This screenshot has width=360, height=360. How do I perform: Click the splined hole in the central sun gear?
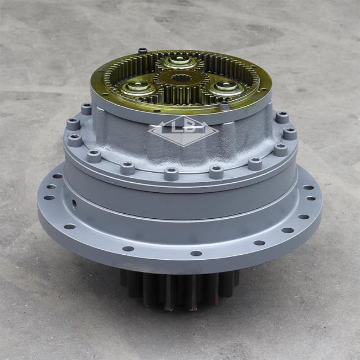(181, 79)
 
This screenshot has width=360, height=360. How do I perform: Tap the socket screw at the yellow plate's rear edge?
(142, 51)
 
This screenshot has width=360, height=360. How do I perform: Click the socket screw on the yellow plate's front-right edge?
(224, 105)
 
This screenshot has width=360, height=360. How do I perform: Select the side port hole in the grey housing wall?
(74, 203)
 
